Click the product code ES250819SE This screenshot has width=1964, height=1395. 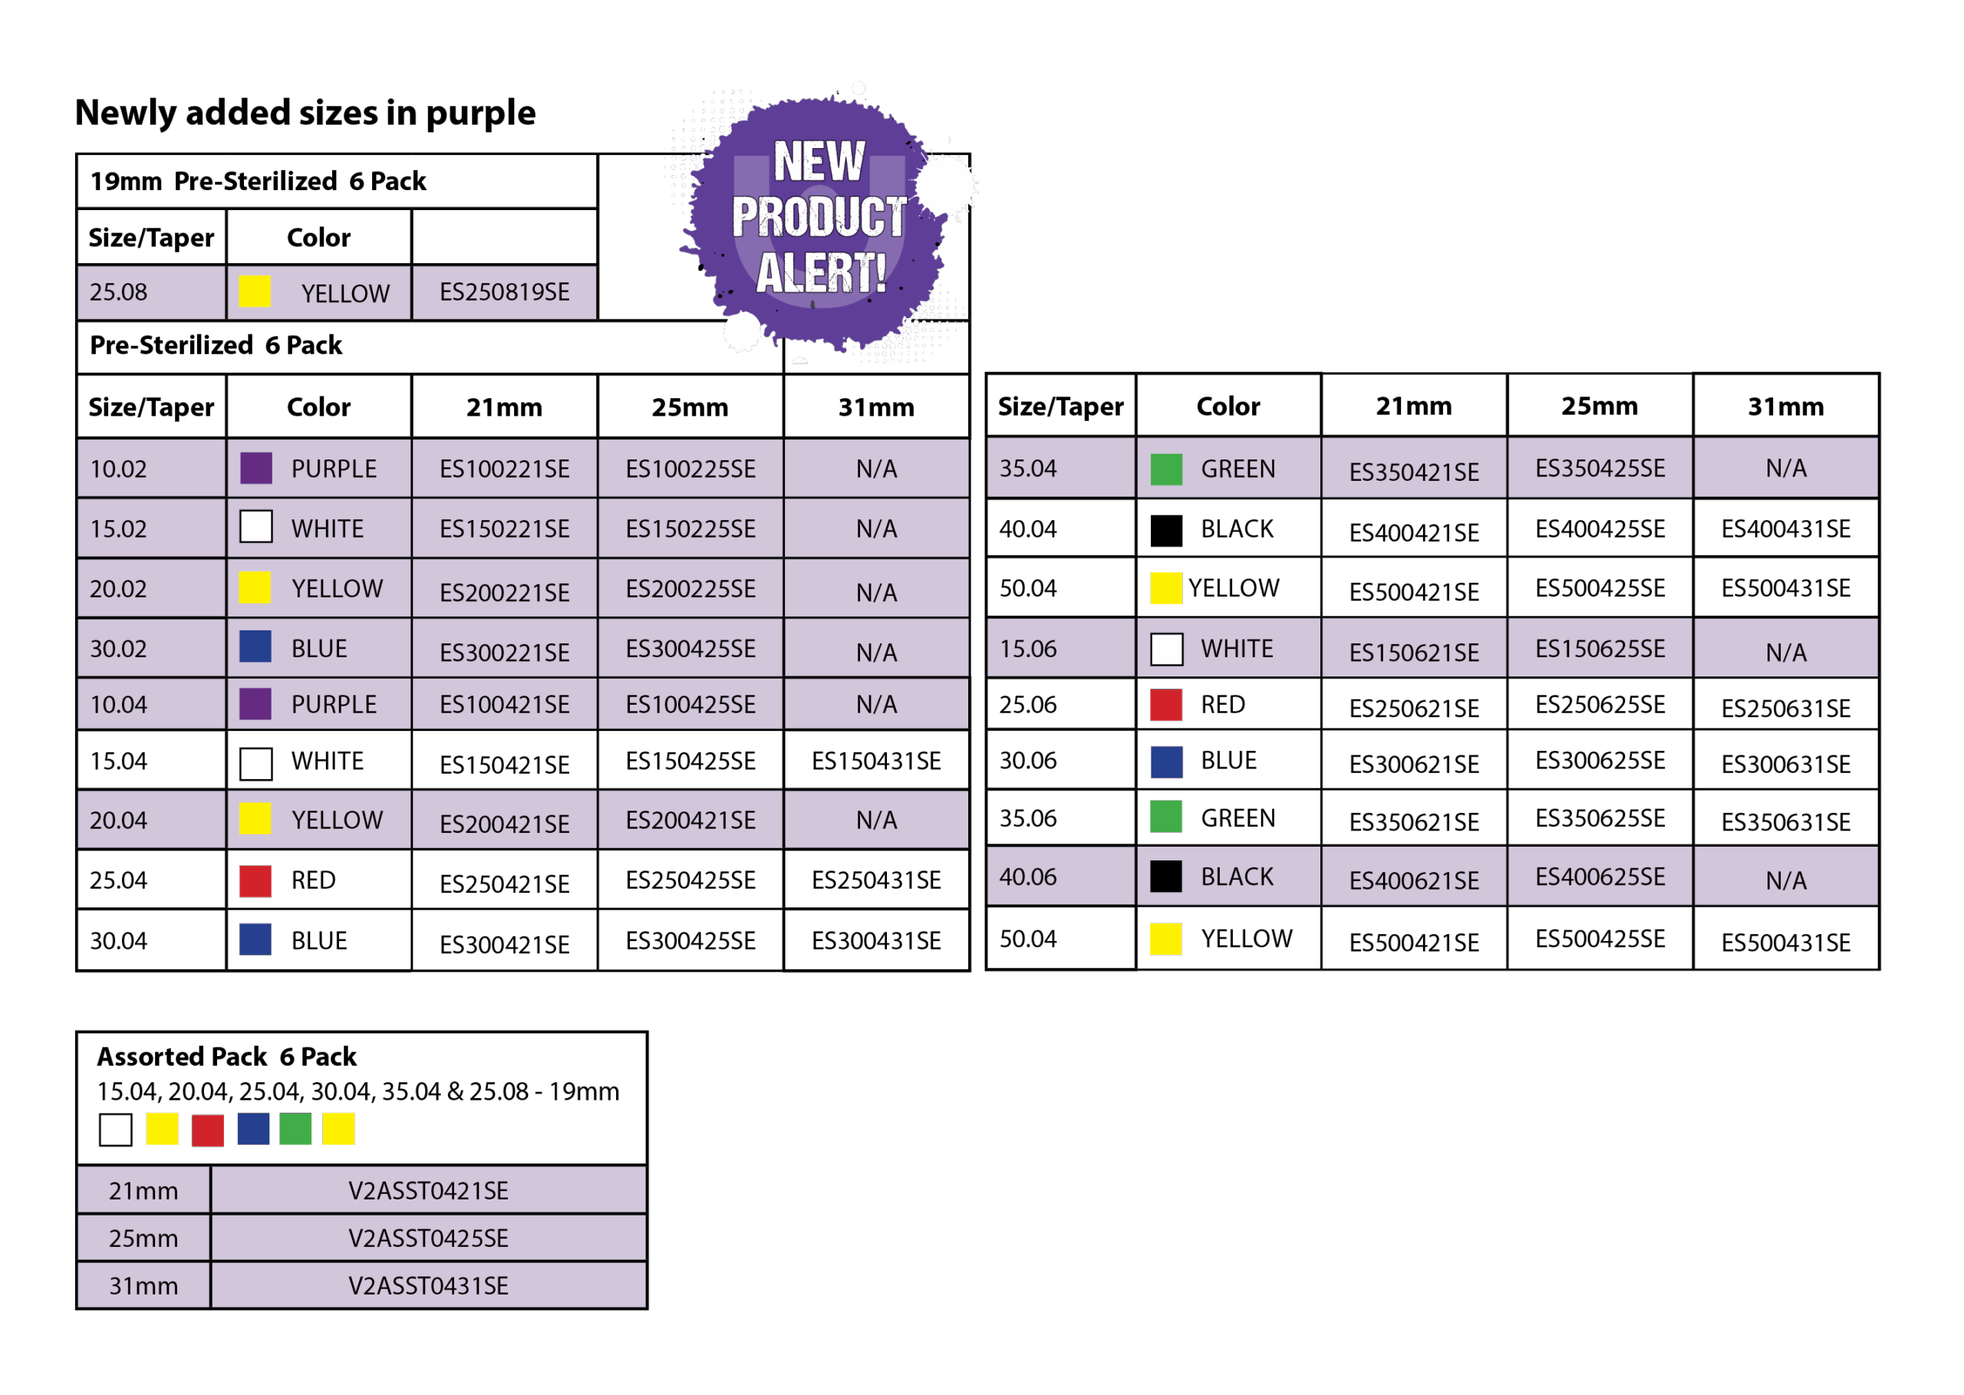coord(504,293)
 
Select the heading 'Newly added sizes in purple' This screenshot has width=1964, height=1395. coord(305,114)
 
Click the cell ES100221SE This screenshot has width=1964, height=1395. coord(504,469)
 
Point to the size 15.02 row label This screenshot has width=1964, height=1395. coord(119,529)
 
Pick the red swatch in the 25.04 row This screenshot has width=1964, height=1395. coord(255,881)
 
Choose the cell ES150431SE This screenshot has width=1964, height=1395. coord(875,761)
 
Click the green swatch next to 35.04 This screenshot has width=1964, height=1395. coord(1166,470)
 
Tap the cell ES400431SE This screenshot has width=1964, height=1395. coord(1784,529)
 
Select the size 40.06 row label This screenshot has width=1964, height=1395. coord(1027,877)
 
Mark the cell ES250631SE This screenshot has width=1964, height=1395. coord(1784,709)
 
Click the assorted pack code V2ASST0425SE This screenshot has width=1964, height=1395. coord(428,1239)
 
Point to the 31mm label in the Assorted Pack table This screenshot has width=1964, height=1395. coord(143,1286)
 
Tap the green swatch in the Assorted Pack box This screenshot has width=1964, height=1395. coord(295,1129)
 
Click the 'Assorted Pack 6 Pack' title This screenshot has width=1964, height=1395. coord(227,1057)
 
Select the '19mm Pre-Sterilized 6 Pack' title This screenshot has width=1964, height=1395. coord(258,181)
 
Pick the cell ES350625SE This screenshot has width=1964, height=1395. coord(1599,818)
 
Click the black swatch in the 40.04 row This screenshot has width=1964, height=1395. coord(1166,530)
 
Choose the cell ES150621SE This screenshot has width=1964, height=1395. coord(1413,653)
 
